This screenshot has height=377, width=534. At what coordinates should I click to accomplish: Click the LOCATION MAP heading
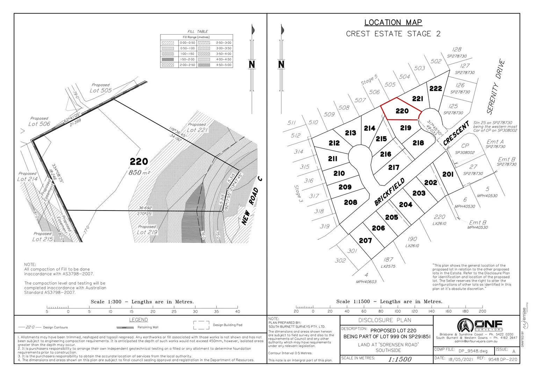tap(393, 22)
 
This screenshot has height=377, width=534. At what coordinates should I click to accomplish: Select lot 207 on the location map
tap(365, 241)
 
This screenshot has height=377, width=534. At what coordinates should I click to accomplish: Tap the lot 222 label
tap(435, 89)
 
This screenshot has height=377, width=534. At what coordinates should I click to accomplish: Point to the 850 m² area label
tap(139, 172)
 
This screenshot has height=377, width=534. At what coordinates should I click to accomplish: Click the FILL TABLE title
tap(197, 31)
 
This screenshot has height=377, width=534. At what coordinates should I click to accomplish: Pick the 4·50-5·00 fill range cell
tap(223, 65)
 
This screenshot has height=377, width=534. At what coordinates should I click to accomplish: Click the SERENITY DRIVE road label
tap(496, 87)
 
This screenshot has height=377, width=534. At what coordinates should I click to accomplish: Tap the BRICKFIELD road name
tap(389, 192)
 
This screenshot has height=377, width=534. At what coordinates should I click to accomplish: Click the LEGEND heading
tap(138, 320)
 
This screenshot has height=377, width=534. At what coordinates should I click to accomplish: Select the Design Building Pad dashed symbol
tap(201, 325)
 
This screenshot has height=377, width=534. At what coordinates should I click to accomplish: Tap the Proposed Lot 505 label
tap(101, 88)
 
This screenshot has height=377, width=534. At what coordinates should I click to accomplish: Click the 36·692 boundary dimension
tap(145, 208)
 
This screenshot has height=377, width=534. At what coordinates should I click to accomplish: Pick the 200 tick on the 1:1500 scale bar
tap(482, 311)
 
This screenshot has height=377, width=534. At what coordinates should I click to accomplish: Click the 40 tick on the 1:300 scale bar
tap(238, 311)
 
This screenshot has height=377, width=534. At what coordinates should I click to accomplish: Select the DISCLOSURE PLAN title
tap(385, 320)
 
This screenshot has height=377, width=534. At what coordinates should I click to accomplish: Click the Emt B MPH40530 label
tap(477, 224)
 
